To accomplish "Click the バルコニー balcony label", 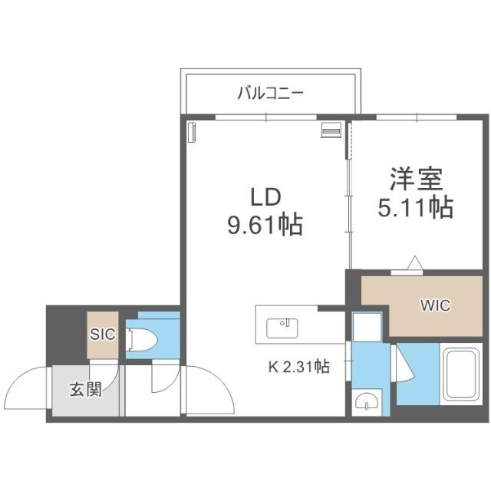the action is coord(271,93).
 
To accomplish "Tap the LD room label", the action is coord(265,197).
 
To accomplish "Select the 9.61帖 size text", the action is coord(265,225).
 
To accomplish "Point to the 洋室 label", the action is coord(416,180).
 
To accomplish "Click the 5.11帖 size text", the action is coord(416,207).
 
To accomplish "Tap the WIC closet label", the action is coord(436,305).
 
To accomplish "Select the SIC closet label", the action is coord(103,334).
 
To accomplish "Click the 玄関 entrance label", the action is coord(86,390).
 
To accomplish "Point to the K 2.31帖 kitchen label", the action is coord(299,367).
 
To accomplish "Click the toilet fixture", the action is coord(141,340).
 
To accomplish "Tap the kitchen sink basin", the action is coord(282,328).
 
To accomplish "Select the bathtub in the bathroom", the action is coord(461,374).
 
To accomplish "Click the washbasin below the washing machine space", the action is coord(367,401).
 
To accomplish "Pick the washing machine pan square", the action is coord(367,328).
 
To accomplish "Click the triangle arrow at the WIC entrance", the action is coord(415,263).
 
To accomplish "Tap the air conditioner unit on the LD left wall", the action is coord(191,132).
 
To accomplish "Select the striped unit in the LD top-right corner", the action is coord(331,130).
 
